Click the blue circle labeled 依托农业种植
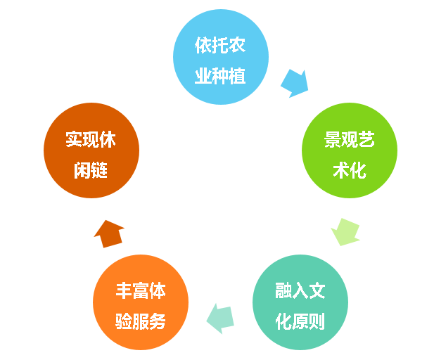pos(221,57)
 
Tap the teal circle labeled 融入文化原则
pos(300,303)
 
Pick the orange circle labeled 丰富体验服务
pos(141,303)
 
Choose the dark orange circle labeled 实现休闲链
pos(91,150)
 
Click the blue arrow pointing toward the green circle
pos(294,83)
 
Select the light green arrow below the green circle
pos(345,231)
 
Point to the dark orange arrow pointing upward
pos(109,233)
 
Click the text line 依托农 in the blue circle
pos(221,45)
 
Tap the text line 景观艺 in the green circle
pos(350,139)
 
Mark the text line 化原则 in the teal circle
pos(300,321)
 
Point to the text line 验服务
pos(141,321)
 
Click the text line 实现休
pos(91,139)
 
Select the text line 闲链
pos(91,169)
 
